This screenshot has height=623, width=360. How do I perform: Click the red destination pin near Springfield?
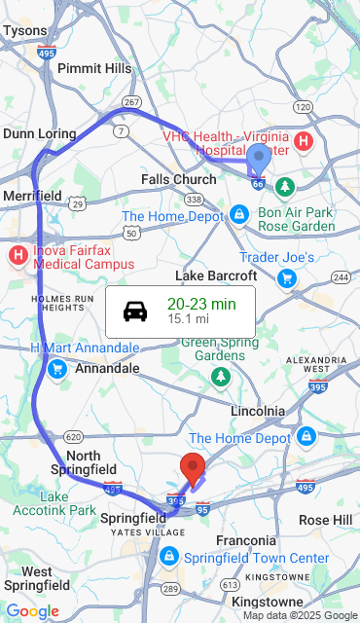point(194,468)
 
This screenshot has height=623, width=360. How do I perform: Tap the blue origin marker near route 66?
point(259,160)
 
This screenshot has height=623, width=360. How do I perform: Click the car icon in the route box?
point(135,311)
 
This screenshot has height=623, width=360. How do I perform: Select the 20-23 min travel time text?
point(201,304)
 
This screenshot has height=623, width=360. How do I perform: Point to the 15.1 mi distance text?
point(188,319)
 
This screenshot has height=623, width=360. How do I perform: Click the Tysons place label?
point(24,31)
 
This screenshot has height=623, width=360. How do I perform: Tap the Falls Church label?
point(179,180)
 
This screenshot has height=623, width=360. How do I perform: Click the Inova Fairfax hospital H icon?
point(18,256)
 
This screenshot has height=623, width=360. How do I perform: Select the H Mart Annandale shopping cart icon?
point(56,368)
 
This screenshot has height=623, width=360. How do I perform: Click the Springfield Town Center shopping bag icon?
point(168,556)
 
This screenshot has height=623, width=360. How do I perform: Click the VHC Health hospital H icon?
point(304,142)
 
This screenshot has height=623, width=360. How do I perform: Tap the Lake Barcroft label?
point(215,275)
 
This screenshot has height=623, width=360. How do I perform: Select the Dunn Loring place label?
point(39,133)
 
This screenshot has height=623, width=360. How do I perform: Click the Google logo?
point(32,610)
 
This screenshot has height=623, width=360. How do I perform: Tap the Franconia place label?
point(246,540)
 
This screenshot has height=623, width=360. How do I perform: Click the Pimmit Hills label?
point(94,68)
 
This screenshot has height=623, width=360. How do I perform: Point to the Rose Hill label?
point(326,520)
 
